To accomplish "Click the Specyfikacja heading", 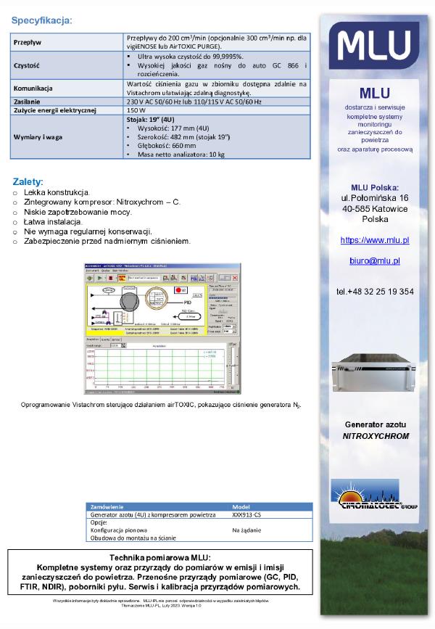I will (41, 20).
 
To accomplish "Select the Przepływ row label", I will (29, 42).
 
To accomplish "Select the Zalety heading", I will (28, 181).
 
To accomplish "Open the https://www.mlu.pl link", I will (375, 239).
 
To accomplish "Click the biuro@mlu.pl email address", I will (375, 260).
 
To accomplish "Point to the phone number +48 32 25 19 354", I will (375, 292).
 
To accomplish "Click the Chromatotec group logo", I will (373, 494).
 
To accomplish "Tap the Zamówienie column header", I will (108, 506).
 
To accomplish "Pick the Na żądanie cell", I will (247, 530).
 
